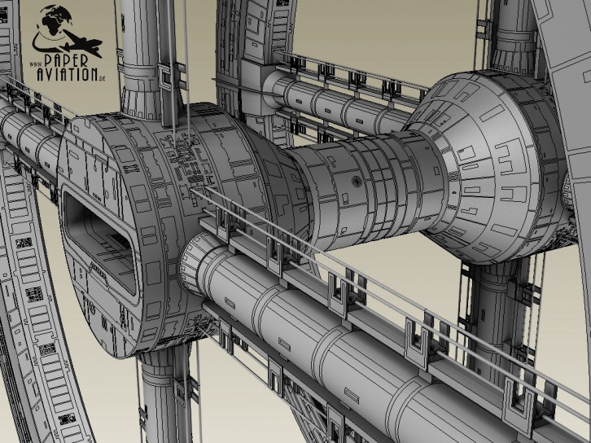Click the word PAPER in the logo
66,61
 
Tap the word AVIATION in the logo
67,74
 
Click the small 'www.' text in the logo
36,64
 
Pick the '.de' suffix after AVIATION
101,78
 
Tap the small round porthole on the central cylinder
357,181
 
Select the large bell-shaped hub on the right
490,166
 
